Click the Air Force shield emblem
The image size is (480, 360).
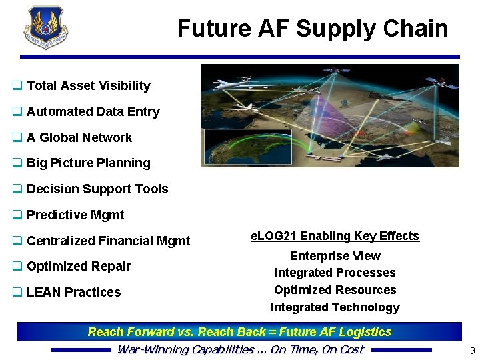tap(46, 27)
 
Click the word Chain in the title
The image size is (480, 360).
tap(420, 29)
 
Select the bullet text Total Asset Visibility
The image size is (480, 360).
tap(88, 85)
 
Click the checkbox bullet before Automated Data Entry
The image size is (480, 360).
tap(17, 111)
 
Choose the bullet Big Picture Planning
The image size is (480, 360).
tap(88, 163)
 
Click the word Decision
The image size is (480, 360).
tap(51, 189)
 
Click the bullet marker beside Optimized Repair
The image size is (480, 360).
tap(17, 266)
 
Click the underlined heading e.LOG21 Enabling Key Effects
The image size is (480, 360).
tap(335, 236)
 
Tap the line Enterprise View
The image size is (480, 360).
tap(335, 256)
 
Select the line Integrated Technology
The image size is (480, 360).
tap(335, 307)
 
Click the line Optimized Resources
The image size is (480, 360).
tap(335, 290)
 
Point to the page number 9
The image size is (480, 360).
tap(472, 350)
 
